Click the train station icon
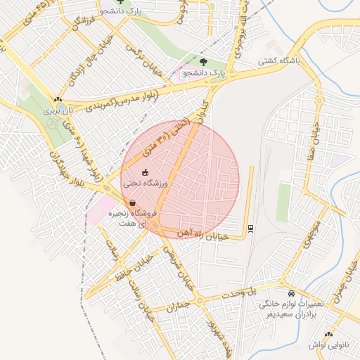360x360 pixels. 250,228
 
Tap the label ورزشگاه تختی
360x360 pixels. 145,183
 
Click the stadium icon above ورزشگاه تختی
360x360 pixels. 145,172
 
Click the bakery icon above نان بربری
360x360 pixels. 57,101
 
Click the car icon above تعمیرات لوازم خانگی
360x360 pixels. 291,292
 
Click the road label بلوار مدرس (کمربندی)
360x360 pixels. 130,100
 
